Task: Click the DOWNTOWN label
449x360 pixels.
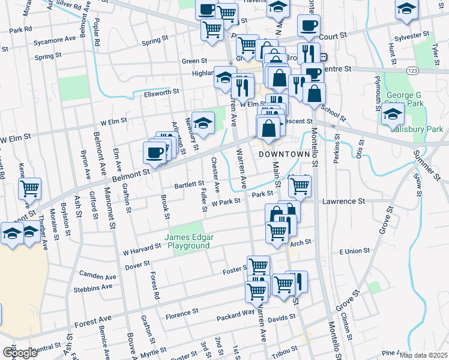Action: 288,154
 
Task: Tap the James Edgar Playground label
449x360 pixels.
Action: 188,242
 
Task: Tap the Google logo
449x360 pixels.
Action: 20,352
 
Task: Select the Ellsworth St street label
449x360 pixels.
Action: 158,92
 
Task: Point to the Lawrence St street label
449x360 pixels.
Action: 345,202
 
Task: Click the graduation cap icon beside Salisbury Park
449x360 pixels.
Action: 392,113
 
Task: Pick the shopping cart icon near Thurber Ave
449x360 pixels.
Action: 29,188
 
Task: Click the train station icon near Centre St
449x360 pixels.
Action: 323,58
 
